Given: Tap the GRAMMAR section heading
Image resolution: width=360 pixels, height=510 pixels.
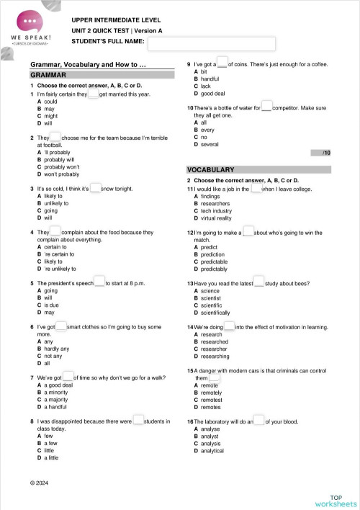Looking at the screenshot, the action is pos(49,75).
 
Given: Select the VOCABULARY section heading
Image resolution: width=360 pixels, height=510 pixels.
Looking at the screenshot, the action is pos(210,169).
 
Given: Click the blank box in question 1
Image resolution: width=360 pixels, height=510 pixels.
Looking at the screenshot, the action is pos(93,94).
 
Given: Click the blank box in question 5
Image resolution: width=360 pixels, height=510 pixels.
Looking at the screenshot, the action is pos(99,283).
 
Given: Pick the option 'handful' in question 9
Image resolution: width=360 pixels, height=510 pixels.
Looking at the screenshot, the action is pos(210,79).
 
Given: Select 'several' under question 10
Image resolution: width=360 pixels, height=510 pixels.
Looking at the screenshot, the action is pos(210,144).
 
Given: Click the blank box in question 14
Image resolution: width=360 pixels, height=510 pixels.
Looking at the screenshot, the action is pos(230,326).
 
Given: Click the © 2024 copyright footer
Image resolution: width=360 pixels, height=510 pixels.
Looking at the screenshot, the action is pos(40,481).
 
